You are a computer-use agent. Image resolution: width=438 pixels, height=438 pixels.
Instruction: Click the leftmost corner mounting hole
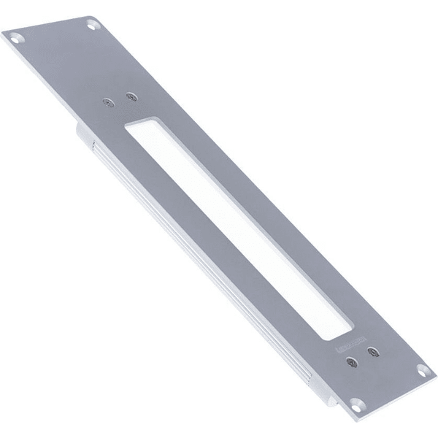tap(14, 34)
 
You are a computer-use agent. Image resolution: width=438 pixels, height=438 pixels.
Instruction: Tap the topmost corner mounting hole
tap(92, 25)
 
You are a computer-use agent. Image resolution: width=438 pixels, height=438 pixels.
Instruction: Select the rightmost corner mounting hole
tap(421, 369)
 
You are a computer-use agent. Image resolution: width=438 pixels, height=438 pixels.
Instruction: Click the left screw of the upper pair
tap(109, 103)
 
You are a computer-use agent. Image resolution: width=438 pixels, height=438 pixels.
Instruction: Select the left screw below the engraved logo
tap(353, 361)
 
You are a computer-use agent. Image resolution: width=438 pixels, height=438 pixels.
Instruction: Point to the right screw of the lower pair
tap(374, 353)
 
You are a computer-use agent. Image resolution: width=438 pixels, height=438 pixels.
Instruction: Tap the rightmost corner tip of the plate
tap(435, 372)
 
